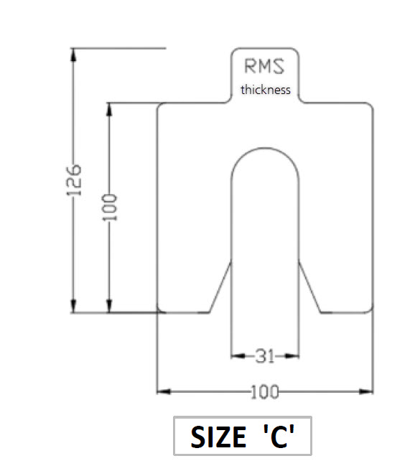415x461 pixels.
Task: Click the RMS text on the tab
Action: point(265,67)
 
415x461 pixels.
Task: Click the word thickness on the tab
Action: point(266,90)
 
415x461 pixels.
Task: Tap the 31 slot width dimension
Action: point(265,355)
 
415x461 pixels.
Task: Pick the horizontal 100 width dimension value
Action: point(265,392)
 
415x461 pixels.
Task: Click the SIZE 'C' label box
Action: point(243,436)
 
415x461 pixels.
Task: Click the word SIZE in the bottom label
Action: point(215,437)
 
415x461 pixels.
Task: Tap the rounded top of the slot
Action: point(265,150)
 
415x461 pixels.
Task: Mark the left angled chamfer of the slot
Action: point(220,287)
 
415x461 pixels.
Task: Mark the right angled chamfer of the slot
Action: point(309,287)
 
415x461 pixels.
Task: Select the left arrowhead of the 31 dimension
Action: point(235,355)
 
